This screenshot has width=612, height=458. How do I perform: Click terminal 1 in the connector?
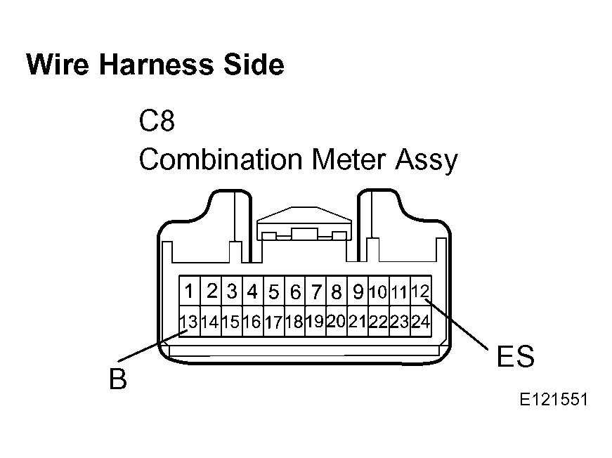tap(190, 291)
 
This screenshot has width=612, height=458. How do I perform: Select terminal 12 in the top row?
tap(421, 291)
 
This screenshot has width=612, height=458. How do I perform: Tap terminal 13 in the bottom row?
tap(190, 321)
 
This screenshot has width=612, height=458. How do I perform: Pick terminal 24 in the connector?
tap(421, 321)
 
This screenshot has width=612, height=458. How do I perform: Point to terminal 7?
tap(315, 291)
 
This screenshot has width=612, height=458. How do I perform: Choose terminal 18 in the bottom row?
tap(294, 321)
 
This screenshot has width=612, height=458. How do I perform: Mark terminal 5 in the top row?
tap(273, 291)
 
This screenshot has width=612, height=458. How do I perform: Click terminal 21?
tap(358, 321)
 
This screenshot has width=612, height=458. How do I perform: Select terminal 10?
tap(379, 291)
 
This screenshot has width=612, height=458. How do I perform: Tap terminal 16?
tap(252, 321)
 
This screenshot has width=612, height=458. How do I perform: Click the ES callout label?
tap(515, 356)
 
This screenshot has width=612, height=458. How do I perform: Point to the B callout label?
tap(118, 379)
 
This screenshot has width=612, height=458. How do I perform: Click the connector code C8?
tap(157, 121)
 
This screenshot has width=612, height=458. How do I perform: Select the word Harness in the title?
tap(156, 65)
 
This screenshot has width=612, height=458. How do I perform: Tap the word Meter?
tap(349, 159)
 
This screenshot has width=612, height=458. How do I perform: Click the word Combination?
tap(221, 159)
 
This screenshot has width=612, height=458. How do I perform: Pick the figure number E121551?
tap(554, 400)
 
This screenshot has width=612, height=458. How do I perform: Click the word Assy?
tap(427, 161)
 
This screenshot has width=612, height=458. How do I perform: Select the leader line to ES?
tap(457, 325)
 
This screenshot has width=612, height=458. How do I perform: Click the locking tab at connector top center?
tap(304, 223)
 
